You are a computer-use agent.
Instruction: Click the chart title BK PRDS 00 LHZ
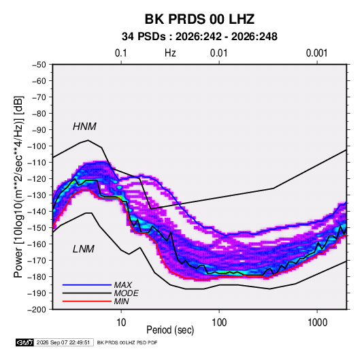[x=199, y=19]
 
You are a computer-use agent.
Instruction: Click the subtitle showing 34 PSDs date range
[x=199, y=37]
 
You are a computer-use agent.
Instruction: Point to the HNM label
[x=84, y=127]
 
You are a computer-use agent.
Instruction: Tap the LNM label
[x=84, y=249]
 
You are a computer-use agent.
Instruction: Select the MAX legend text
[x=123, y=284]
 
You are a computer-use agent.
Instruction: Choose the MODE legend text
[x=127, y=293]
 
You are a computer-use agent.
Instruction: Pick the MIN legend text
[x=121, y=301]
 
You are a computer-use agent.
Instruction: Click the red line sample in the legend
[x=87, y=301]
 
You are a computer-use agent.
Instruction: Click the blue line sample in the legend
[x=87, y=284]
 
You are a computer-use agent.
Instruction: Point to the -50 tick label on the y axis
[x=39, y=65]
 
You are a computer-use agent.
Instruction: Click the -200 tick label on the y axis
[x=37, y=310]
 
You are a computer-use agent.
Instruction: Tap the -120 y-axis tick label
[x=37, y=179]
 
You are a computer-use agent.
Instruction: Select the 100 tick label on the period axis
[x=219, y=323]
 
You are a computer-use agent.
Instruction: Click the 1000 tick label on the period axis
[x=317, y=323]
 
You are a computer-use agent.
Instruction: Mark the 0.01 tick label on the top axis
[x=219, y=53]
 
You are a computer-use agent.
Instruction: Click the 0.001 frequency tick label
[x=316, y=53]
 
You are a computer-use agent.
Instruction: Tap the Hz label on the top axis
[x=170, y=53]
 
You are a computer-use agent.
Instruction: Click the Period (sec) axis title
[x=170, y=330]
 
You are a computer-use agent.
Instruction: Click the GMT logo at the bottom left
[x=24, y=342]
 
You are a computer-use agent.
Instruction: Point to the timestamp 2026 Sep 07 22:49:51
[x=63, y=342]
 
